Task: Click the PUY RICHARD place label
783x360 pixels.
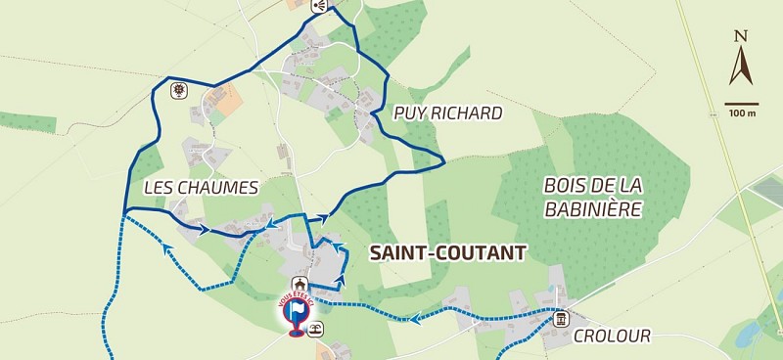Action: click(447, 113)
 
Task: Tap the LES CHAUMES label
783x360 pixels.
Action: click(200, 187)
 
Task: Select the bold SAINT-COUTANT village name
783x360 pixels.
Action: click(447, 252)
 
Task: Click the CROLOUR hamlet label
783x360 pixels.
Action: click(612, 336)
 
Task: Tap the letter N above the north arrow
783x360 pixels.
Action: click(741, 38)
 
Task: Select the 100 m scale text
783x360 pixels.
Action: click(742, 113)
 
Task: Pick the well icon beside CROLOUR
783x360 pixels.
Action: click(561, 318)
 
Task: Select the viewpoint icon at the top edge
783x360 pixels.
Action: click(318, 6)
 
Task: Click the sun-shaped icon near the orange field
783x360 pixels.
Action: click(178, 92)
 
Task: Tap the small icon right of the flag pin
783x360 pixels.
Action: click(315, 330)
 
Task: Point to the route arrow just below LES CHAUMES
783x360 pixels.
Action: click(204, 230)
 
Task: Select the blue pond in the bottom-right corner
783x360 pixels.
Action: click(748, 336)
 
